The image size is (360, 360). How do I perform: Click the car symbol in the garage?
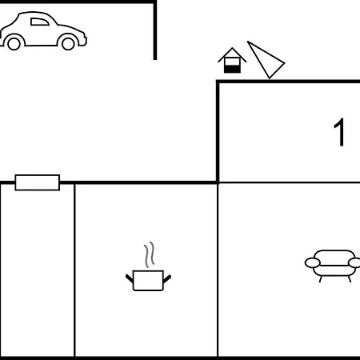pyautogui.click(x=43, y=30)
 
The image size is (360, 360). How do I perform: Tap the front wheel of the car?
pyautogui.click(x=68, y=43)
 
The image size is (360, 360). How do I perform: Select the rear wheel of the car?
pyautogui.click(x=14, y=43)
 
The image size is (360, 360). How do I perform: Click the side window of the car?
pyautogui.click(x=40, y=22)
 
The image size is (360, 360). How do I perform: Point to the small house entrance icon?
pyautogui.click(x=232, y=60)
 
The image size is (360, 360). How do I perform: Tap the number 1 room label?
pyautogui.click(x=339, y=132)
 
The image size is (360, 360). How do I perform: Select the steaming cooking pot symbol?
pyautogui.click(x=148, y=266)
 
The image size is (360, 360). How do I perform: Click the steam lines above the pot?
pyautogui.click(x=150, y=254)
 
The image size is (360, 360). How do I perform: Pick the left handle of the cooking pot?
pyautogui.click(x=130, y=278)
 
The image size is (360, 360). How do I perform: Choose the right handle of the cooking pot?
pyautogui.click(x=167, y=279)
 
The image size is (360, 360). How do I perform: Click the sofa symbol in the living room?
pyautogui.click(x=333, y=266)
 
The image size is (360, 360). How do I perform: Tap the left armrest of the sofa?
pyautogui.click(x=312, y=263)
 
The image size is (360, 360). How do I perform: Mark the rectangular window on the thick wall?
pyautogui.click(x=38, y=182)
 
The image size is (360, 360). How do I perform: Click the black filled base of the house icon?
pyautogui.click(x=232, y=69)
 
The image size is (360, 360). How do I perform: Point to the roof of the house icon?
pyautogui.click(x=232, y=54)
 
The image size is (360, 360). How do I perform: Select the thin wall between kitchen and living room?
pyautogui.click(x=218, y=270)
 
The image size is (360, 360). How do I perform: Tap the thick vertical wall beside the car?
pyautogui.click(x=155, y=30)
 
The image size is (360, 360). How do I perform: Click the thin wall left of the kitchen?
pyautogui.click(x=74, y=270)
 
